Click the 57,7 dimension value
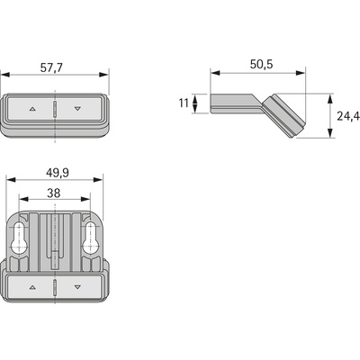pos(51,67)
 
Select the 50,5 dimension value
pos(262,64)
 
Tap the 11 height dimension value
pos(184,103)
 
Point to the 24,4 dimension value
pos(348,116)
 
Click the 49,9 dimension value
pos(58,173)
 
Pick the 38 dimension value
pos(54,193)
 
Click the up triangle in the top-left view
pos(32,109)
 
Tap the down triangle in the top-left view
pos(77,109)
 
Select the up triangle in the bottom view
pos(32,287)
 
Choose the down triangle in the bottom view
pos(77,287)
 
